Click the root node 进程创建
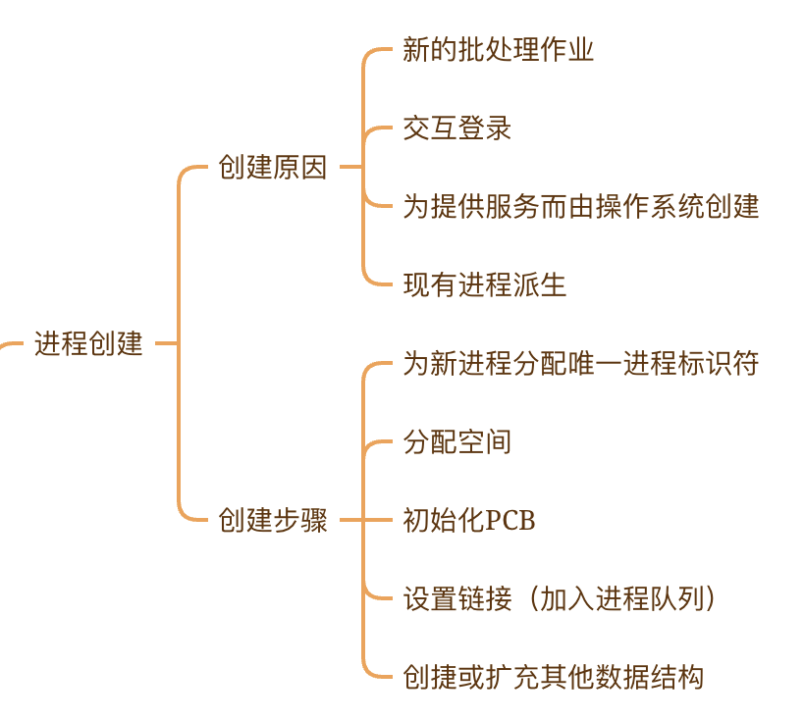(x=88, y=343)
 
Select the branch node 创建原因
(x=272, y=167)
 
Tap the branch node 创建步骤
(x=272, y=520)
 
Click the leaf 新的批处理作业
(x=498, y=49)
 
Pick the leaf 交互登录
(x=456, y=128)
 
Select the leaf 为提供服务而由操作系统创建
(x=580, y=206)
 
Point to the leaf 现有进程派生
(x=484, y=284)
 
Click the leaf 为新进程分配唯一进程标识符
(x=580, y=363)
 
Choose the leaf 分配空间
(x=456, y=441)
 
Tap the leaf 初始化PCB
(x=469, y=520)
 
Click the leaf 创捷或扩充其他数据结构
(x=553, y=677)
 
